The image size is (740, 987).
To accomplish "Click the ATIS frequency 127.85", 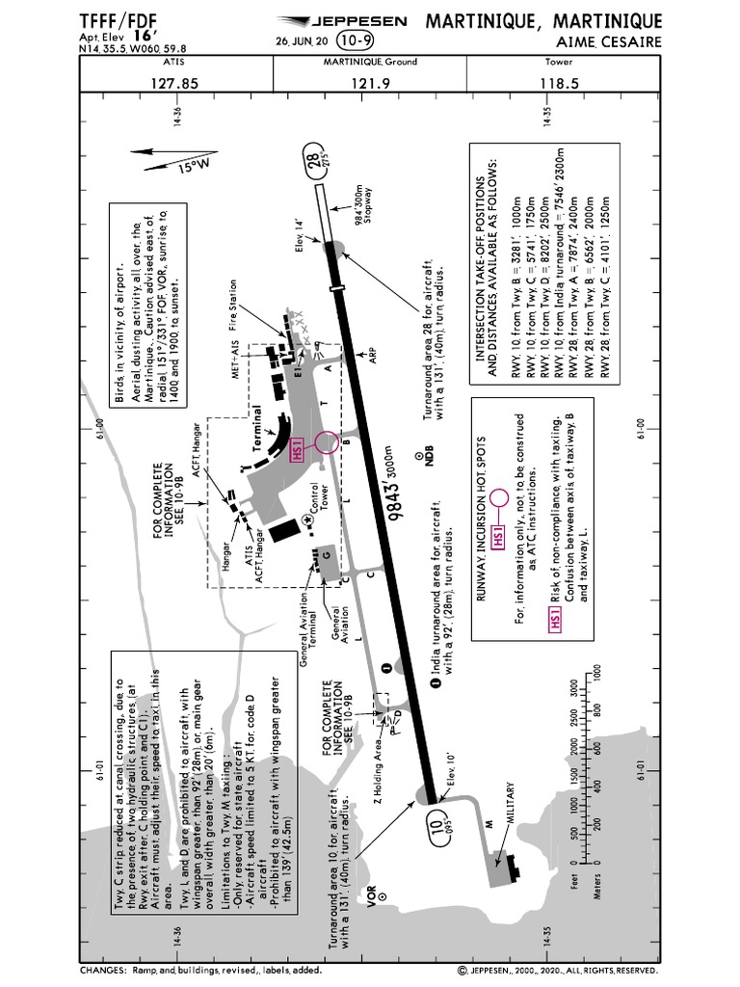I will click(x=174, y=84).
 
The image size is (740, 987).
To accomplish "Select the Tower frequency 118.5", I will click(x=561, y=84).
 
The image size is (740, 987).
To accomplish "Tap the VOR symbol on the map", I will click(x=382, y=894).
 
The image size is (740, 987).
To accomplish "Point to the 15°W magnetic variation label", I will click(x=193, y=166).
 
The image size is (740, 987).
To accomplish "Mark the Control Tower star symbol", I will click(x=306, y=520).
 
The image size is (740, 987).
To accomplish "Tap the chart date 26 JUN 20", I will click(x=303, y=41).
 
